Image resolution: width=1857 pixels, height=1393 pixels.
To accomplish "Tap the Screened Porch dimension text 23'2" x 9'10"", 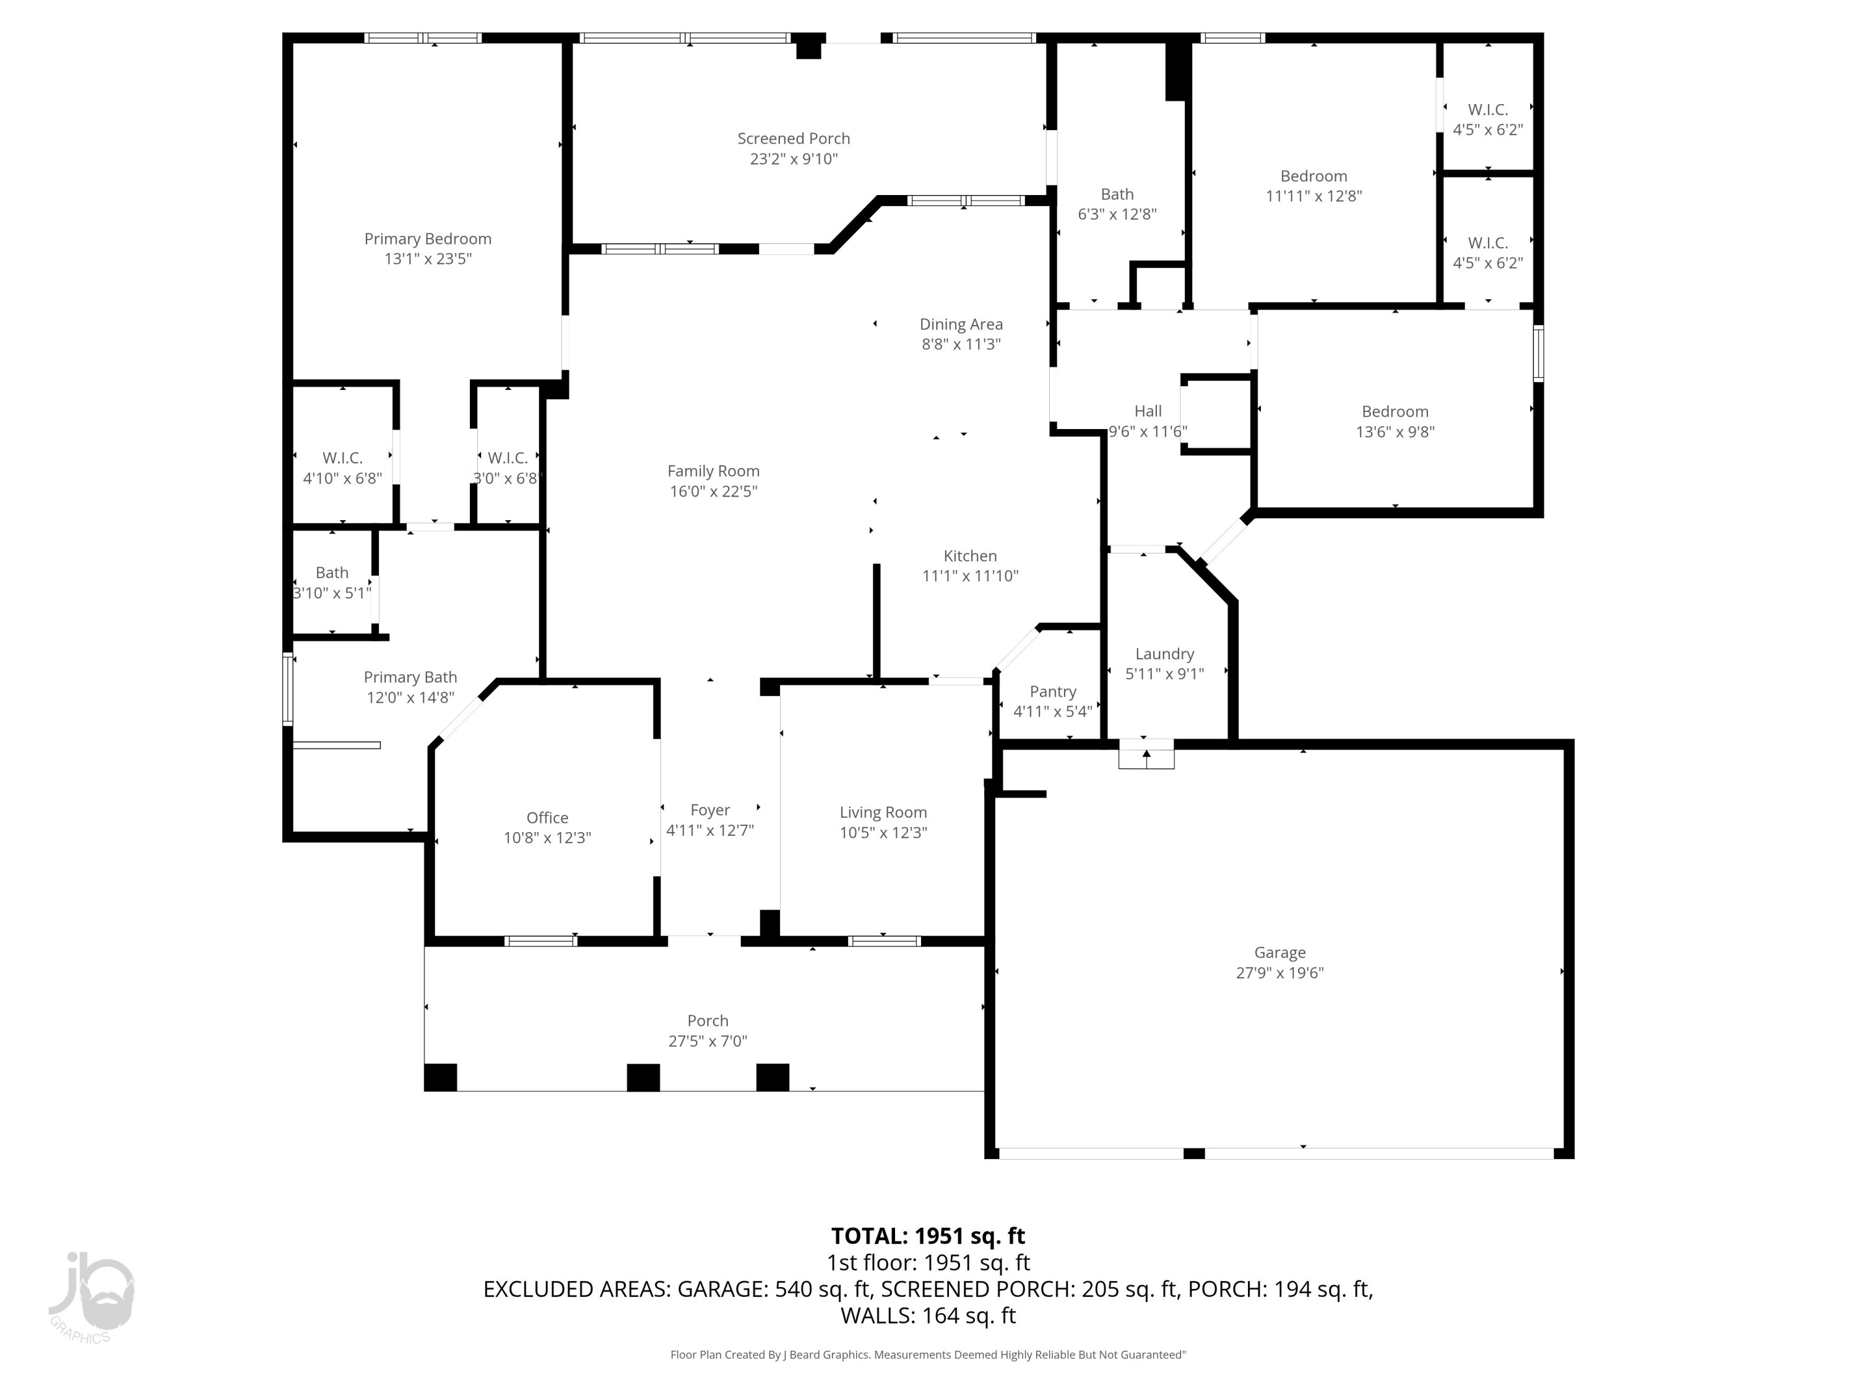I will point(794,158).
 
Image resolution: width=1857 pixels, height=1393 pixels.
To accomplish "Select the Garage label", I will point(1279,952).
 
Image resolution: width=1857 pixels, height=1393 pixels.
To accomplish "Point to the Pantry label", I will point(1053,691).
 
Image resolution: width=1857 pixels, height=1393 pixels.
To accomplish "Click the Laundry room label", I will point(1164,653).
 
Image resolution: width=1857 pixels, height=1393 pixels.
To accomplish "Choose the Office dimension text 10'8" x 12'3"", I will point(547,837).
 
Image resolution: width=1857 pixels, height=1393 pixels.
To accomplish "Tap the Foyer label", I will point(709,809).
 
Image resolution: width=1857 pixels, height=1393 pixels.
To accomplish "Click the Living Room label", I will point(883,812).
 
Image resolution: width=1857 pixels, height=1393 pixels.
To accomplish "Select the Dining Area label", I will point(961,324).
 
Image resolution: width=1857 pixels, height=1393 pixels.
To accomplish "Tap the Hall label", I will point(1148,410).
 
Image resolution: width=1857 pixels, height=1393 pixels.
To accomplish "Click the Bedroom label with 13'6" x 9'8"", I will point(1395,412).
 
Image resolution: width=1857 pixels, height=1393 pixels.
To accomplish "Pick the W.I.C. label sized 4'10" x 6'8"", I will point(342,458).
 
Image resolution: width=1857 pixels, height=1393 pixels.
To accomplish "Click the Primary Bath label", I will point(410,677).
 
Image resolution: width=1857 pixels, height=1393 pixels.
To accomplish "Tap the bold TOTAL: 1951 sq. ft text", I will point(928,1236).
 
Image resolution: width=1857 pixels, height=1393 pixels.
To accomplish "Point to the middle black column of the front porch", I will point(643,1077).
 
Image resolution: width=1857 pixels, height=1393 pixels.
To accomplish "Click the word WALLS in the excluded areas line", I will point(877,1316).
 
